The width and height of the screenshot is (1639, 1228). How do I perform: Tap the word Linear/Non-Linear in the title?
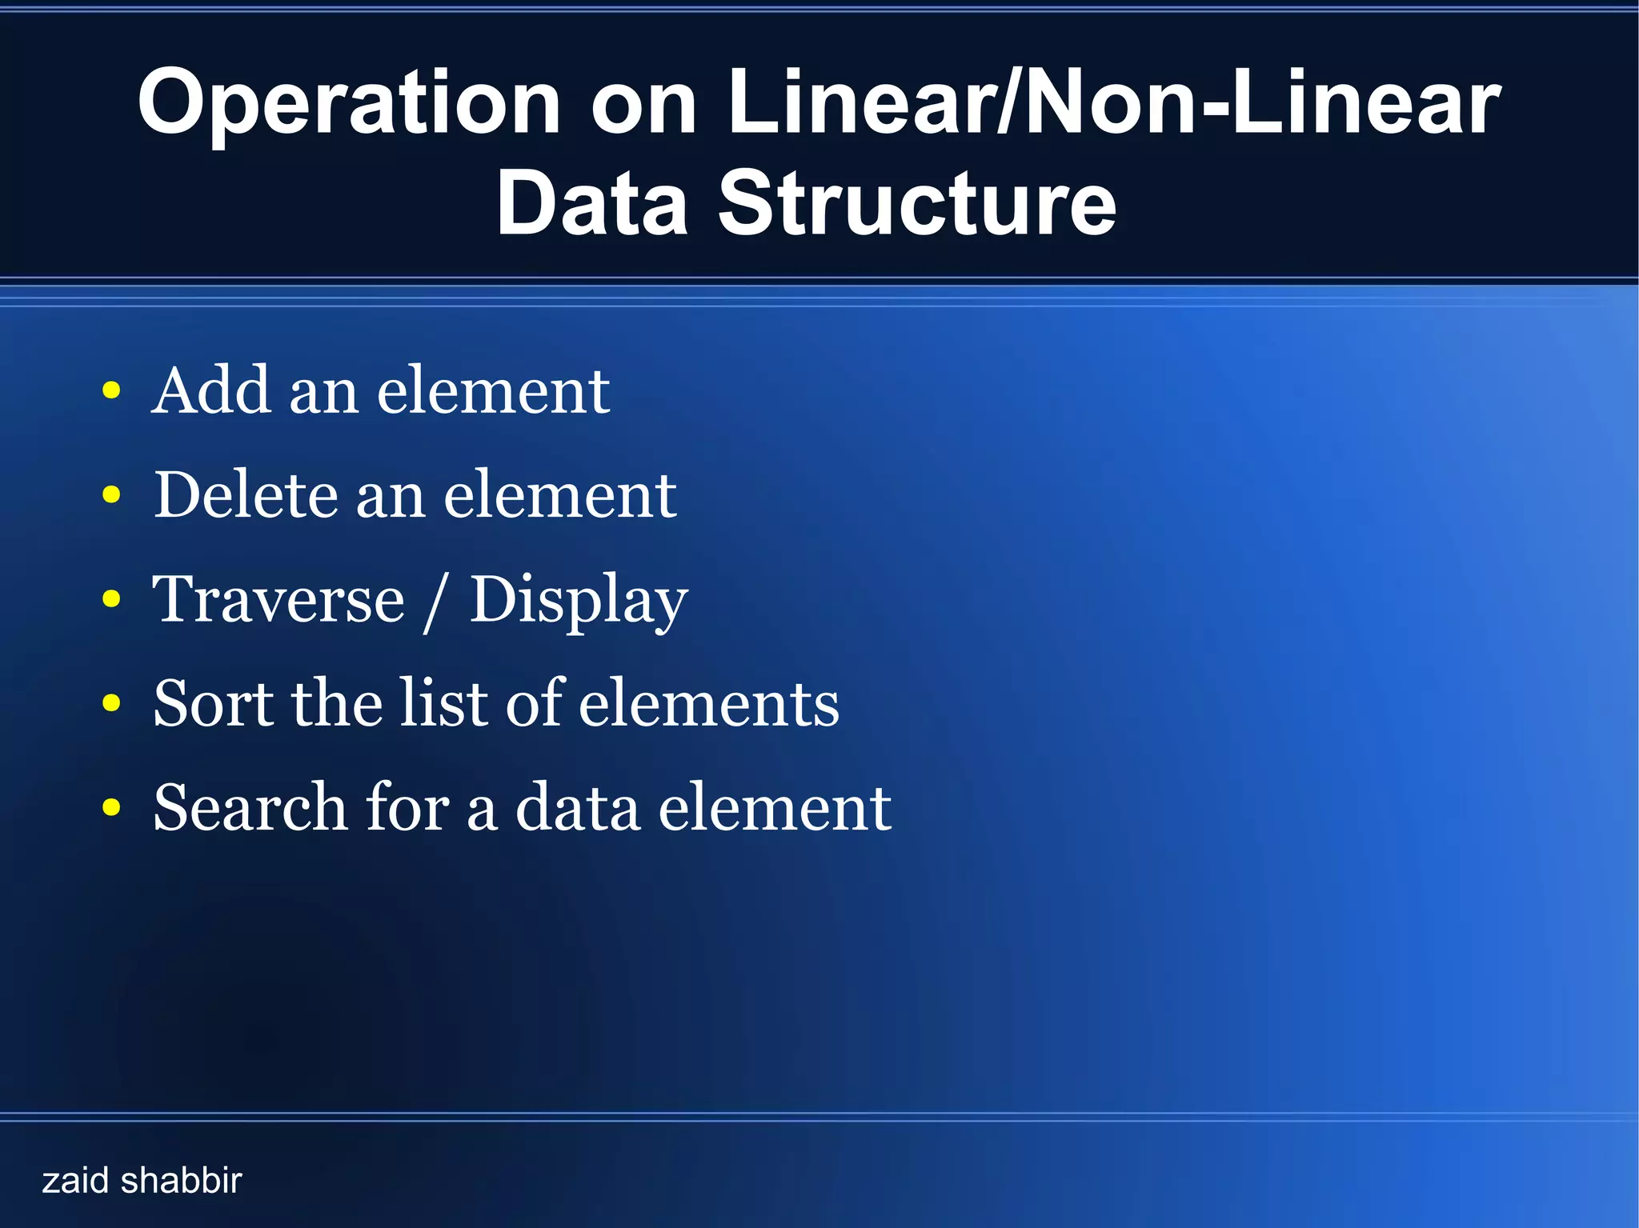pyautogui.click(x=1113, y=102)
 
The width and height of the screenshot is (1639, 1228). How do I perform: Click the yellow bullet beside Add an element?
pyautogui.click(x=112, y=391)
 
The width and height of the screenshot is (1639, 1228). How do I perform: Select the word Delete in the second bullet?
pyautogui.click(x=246, y=495)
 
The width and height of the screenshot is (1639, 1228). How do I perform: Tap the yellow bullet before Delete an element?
pyautogui.click(x=112, y=495)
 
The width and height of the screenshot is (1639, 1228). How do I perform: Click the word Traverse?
pyautogui.click(x=279, y=599)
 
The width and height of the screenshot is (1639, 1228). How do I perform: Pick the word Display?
pyautogui.click(x=578, y=602)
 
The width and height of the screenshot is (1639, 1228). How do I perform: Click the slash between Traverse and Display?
pyautogui.click(x=436, y=602)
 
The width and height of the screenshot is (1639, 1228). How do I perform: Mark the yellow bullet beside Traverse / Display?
pyautogui.click(x=112, y=599)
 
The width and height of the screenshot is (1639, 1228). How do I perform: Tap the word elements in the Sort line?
pyautogui.click(x=708, y=703)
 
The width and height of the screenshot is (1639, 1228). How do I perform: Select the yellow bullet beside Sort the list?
pyautogui.click(x=112, y=703)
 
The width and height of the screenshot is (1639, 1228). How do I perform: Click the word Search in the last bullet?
pyautogui.click(x=250, y=807)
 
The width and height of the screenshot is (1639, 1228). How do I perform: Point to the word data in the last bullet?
pyautogui.click(x=577, y=807)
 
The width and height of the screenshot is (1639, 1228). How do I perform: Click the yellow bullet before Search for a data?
pyautogui.click(x=112, y=807)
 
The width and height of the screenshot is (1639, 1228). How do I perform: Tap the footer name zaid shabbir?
pyautogui.click(x=142, y=1181)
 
